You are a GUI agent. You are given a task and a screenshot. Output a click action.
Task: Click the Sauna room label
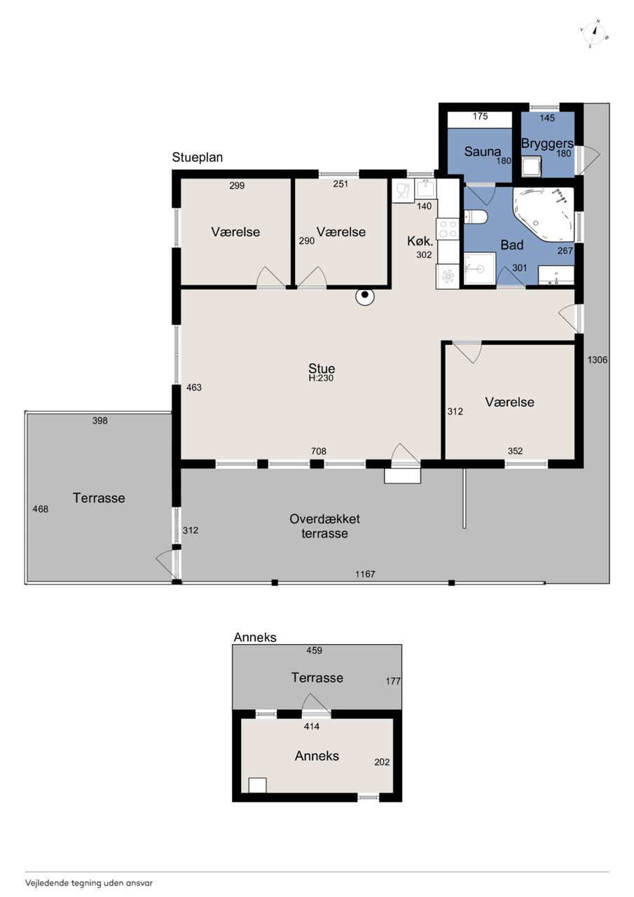(482, 151)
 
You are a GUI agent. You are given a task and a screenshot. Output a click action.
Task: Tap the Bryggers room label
(547, 144)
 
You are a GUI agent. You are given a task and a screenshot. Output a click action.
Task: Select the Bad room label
(512, 245)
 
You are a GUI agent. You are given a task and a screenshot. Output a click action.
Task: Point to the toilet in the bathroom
(476, 217)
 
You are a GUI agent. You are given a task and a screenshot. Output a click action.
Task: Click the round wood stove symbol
(364, 296)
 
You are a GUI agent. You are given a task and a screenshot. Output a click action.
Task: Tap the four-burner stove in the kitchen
(448, 228)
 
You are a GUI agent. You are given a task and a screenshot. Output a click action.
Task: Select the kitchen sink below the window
(425, 189)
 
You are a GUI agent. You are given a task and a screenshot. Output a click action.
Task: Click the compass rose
(595, 34)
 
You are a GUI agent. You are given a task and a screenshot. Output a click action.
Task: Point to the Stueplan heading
(198, 158)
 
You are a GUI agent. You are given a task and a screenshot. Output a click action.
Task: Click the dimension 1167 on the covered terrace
(365, 574)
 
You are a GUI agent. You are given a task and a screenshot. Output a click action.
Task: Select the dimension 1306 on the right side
(597, 360)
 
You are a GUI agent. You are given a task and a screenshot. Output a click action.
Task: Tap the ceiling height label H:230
(321, 378)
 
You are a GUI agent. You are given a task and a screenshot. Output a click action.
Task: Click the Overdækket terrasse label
(324, 526)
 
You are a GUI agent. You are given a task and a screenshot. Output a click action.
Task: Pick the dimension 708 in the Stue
(319, 451)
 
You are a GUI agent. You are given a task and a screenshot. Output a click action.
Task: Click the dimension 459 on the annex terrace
(315, 650)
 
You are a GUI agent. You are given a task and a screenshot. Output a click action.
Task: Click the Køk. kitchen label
(420, 241)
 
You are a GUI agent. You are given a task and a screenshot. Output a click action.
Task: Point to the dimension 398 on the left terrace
(99, 420)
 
